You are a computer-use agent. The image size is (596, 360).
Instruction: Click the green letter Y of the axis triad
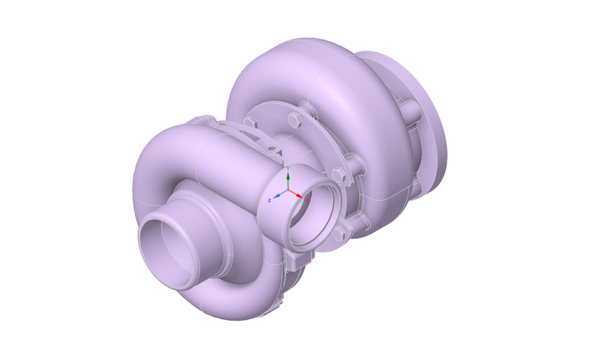(288, 168)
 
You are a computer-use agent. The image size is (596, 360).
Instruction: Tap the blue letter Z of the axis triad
(270, 200)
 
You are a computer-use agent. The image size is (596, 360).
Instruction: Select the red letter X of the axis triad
(306, 201)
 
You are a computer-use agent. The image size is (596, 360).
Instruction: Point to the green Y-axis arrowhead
(288, 176)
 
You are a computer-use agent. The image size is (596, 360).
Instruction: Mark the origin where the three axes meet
(288, 190)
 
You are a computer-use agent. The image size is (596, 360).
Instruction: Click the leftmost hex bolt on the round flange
(250, 121)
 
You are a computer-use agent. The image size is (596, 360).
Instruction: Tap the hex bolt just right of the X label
(339, 175)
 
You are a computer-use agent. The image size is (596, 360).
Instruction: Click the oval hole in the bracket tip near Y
(273, 149)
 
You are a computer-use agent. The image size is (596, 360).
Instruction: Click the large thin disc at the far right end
(432, 127)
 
